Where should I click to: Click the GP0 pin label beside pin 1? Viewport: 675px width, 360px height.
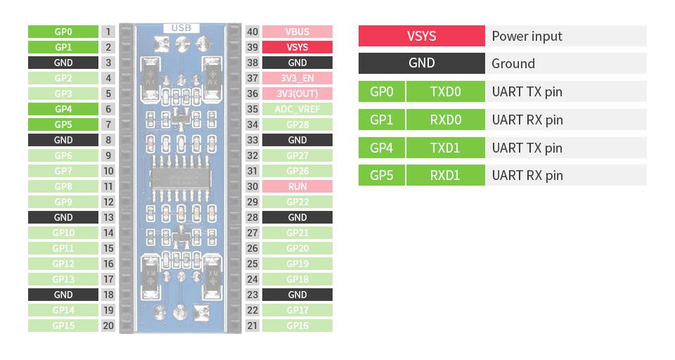63,32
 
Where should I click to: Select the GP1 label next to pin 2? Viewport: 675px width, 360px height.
63,47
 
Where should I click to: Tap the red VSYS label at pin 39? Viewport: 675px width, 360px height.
297,47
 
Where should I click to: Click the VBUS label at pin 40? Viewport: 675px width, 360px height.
297,32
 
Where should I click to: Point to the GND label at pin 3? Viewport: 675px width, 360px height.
63,63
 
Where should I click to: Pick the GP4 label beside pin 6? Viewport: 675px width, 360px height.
63,109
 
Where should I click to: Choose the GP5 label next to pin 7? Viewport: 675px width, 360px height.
63,124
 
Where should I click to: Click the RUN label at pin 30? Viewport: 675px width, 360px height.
297,186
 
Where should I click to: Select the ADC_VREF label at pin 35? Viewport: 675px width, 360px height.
297,109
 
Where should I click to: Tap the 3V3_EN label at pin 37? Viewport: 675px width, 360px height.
297,78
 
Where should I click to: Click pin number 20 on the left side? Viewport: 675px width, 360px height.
108,326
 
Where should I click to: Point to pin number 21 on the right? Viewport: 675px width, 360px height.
252,326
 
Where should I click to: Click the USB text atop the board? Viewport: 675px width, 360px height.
181,29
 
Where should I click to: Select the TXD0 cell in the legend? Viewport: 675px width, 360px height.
445,91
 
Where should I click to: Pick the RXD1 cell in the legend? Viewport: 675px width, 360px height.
445,175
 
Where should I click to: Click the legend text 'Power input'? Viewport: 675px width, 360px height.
527,36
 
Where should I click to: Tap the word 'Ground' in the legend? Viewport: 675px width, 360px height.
513,63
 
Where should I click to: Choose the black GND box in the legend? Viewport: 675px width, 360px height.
421,63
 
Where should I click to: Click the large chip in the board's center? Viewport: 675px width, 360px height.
180,179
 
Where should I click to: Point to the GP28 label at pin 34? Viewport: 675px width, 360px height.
297,124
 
